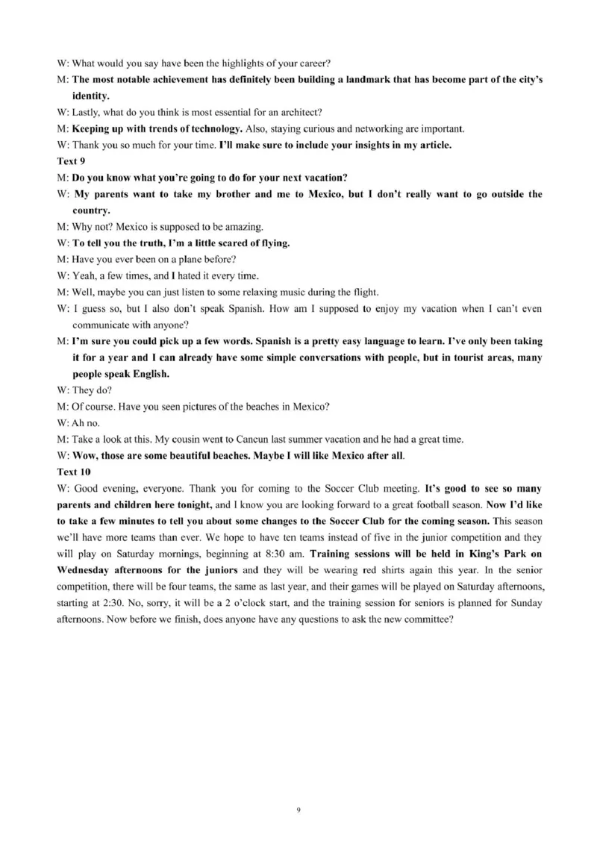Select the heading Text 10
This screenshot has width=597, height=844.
click(72, 472)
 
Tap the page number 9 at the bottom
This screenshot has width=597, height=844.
click(298, 809)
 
